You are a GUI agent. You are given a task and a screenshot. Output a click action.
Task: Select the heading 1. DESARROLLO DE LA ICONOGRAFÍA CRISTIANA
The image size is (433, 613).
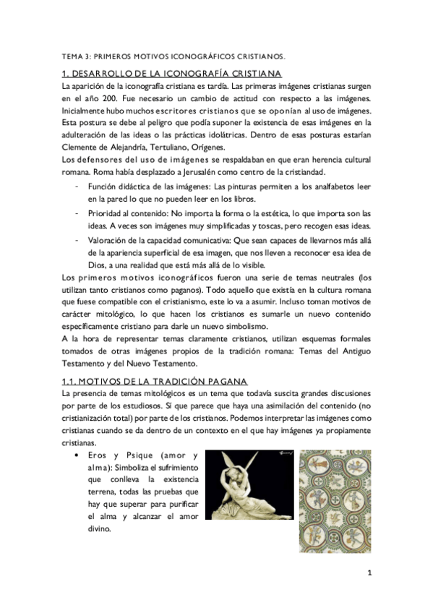171,73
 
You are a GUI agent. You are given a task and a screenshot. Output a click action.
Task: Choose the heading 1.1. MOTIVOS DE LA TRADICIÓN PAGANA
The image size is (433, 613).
155,381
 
